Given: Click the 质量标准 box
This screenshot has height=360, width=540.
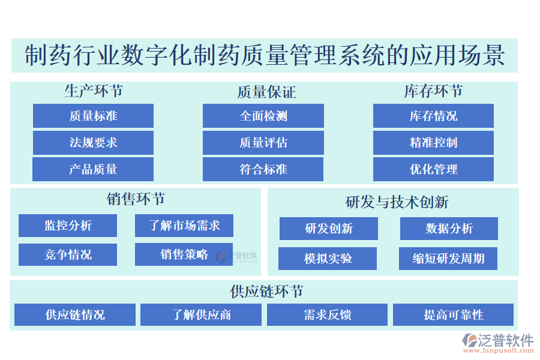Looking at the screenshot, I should pos(93,116).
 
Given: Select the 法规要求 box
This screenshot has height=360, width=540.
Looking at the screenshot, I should pos(93,143).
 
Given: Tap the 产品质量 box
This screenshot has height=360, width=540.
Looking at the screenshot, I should pos(93,169).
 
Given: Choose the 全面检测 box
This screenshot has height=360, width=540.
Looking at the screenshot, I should pos(263,116).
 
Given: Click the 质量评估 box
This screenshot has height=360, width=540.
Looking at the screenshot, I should pos(263,143).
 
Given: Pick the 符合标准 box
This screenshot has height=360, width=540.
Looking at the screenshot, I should pos(263,169).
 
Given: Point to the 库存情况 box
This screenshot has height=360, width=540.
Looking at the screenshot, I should pos(433,116).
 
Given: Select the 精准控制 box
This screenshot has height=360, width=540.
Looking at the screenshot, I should pos(433,143).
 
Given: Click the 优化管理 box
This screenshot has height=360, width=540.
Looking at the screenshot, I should pos(433,169).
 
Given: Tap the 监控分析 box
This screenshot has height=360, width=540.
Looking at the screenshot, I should pos(68,226).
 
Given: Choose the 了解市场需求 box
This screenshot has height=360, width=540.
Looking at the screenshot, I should pos(184,226).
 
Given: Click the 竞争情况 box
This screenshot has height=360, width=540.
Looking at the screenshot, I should pos(68,254).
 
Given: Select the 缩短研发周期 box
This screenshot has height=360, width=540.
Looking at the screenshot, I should pos(448,259).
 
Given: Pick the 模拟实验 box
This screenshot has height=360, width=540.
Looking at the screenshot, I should pos(328,259).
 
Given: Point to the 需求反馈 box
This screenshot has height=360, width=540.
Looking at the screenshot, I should pos(327,314).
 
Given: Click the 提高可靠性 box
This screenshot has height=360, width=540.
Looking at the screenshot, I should pos(453,314).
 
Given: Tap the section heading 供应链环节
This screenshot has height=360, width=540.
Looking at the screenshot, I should pos(266,292).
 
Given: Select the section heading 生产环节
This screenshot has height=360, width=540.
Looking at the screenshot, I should pos(94,91).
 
